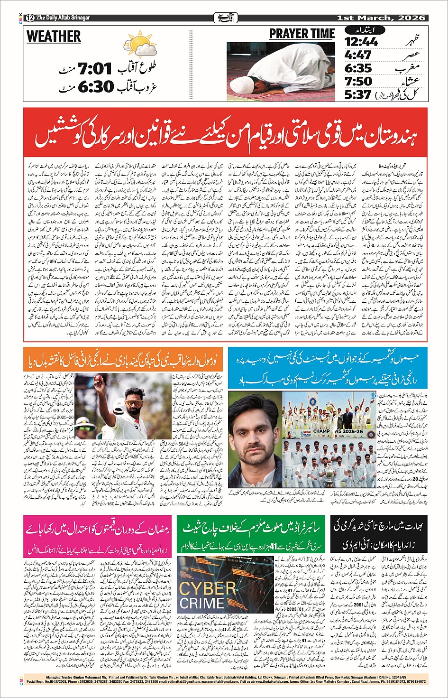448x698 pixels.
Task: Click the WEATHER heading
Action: click(54, 37)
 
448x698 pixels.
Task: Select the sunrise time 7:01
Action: click(95, 69)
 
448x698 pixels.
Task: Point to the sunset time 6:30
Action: click(96, 86)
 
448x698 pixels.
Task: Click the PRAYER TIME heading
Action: click(302, 34)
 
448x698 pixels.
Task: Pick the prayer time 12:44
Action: click(361, 42)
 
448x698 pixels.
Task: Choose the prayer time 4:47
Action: click(358, 55)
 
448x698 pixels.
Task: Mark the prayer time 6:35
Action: click(358, 68)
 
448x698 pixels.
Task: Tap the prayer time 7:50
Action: click(358, 81)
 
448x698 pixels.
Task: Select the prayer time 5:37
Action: click(358, 94)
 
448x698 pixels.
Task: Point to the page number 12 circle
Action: click(30, 18)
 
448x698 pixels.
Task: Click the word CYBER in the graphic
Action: click(207, 589)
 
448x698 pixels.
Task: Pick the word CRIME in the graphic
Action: click(201, 604)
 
